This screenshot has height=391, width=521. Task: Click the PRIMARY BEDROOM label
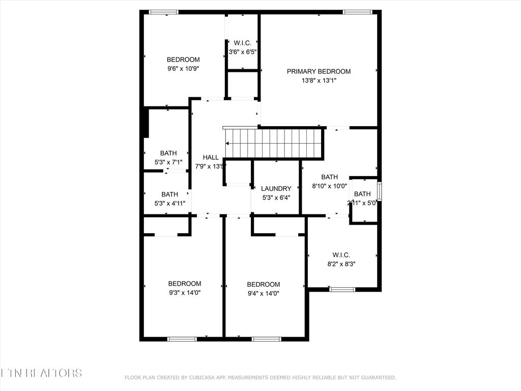[319, 71]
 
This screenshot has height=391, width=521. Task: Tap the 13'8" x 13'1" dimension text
[319, 80]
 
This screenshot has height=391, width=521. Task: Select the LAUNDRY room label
[276, 188]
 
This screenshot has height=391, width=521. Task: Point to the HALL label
[211, 157]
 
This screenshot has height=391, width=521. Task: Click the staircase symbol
[274, 143]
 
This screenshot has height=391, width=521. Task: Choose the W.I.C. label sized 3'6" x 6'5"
[242, 43]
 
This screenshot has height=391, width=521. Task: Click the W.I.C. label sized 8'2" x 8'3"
[341, 255]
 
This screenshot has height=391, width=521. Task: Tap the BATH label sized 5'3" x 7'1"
[168, 153]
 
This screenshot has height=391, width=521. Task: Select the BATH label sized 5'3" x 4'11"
[169, 194]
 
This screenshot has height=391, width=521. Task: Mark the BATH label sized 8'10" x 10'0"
[329, 177]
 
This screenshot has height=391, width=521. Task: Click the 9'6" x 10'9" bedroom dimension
[183, 68]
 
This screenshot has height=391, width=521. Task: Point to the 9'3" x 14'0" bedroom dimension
[185, 292]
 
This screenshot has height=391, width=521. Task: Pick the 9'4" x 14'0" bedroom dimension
[263, 293]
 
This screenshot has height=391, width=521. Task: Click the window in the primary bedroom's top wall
[357, 12]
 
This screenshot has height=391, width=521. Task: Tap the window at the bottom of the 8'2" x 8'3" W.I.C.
[342, 290]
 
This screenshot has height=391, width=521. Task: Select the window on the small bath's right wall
[379, 192]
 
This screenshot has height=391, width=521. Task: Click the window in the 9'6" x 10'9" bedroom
[163, 12]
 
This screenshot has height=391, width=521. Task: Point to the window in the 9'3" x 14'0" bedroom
[182, 339]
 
